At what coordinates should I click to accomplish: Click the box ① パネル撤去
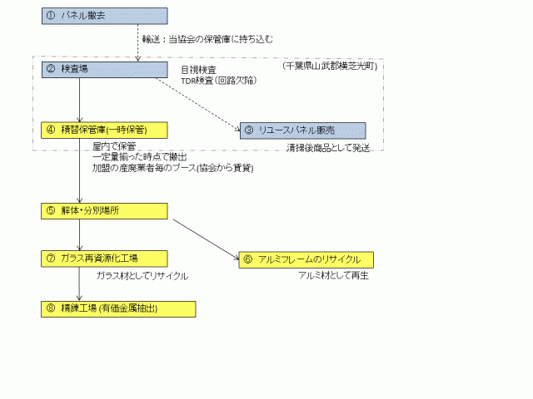pos(104,15)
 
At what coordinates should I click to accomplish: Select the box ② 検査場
pos(104,71)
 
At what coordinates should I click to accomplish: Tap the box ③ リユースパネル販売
pos(302,130)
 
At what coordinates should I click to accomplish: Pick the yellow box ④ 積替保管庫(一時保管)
pos(104,129)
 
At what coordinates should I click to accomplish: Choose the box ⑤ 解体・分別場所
pos(104,211)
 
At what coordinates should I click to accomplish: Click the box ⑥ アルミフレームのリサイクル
pos(306,259)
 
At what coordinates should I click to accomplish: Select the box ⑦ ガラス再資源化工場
pos(104,258)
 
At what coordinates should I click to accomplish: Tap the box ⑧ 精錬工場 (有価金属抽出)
pos(118,308)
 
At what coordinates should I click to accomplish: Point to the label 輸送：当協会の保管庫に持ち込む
pos(208,39)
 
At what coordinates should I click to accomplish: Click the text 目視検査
pos(199,69)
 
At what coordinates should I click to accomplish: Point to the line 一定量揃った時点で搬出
pos(139,157)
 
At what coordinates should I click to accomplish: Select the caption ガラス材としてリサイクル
pos(142,275)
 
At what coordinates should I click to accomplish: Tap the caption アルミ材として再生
pos(333,275)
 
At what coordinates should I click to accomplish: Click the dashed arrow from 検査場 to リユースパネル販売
pos(196,104)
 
